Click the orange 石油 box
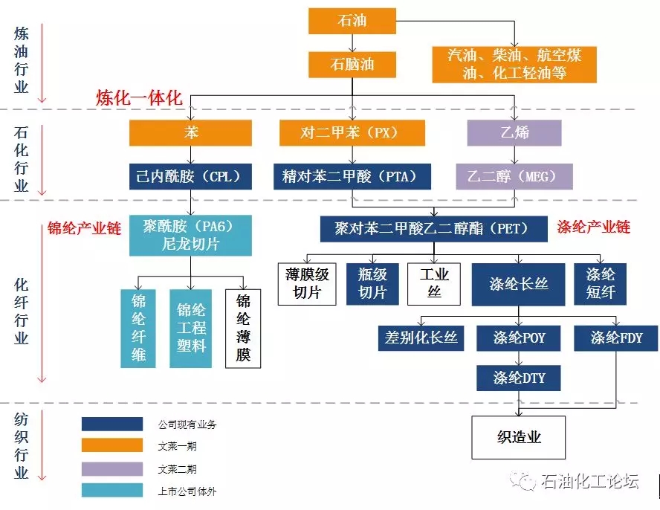352,20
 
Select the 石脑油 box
352,64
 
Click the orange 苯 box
190,133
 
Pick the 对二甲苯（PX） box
352,133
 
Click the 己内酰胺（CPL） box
190,176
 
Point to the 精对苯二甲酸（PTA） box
352,176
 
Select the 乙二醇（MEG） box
514,176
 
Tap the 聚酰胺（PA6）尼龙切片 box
190,235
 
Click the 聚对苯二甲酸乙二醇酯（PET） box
434,228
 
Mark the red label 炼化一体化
138,97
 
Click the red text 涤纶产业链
593,227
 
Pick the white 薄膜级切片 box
307,283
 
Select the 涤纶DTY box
518,378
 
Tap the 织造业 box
518,437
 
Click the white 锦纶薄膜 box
244,328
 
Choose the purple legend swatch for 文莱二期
111,468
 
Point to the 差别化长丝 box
421,338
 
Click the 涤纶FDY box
616,338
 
